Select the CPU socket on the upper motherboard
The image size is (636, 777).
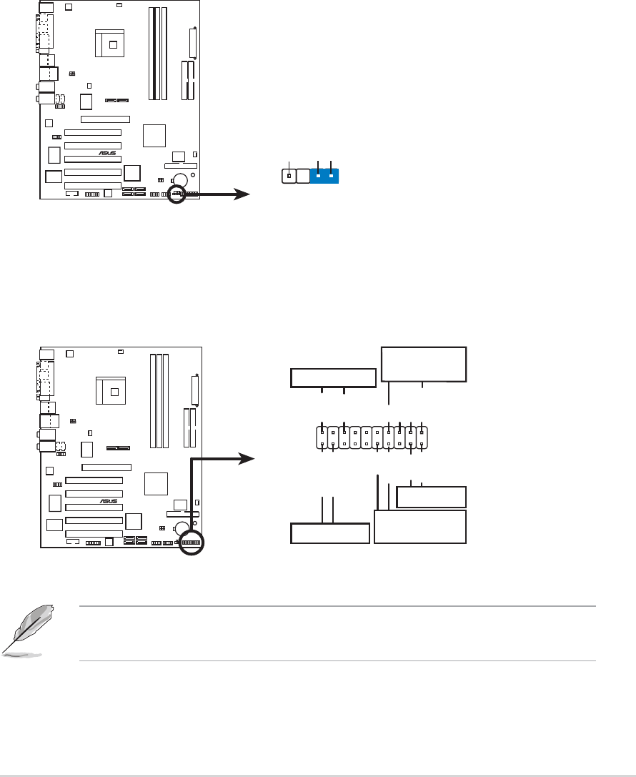(112, 44)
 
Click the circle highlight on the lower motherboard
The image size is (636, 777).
(192, 543)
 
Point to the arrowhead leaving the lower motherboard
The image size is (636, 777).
(247, 459)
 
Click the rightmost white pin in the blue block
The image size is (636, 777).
(332, 175)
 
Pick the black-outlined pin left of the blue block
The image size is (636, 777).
(289, 175)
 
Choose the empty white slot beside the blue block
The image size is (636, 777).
(303, 175)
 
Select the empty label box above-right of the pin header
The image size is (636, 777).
(423, 364)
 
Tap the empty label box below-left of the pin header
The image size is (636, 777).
(330, 533)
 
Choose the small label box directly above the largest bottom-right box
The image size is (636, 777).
(431, 497)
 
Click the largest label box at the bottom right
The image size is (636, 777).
(420, 527)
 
